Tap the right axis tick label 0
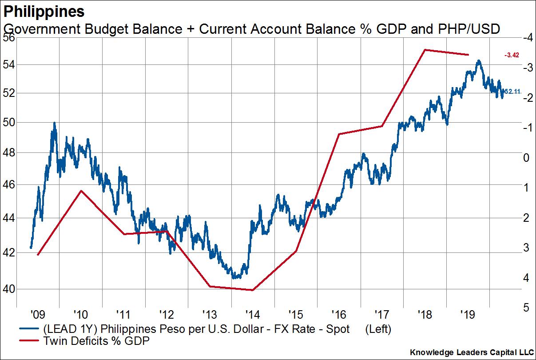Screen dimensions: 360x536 click(x=526, y=158)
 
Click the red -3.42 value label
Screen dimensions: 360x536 click(x=512, y=55)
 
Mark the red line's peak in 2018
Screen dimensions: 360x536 click(x=425, y=50)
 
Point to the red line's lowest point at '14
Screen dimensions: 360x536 click(x=252, y=290)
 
